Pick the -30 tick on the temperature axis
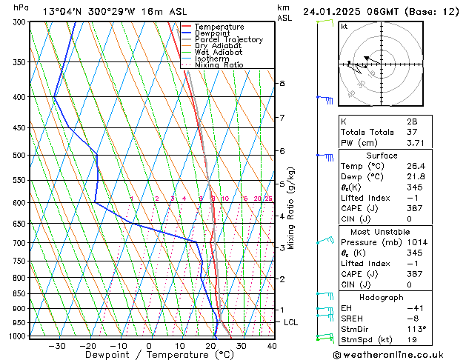57,345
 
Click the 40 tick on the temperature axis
271,345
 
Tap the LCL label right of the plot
290,322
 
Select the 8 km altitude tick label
282,84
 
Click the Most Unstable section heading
382,232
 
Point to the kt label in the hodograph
344,27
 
